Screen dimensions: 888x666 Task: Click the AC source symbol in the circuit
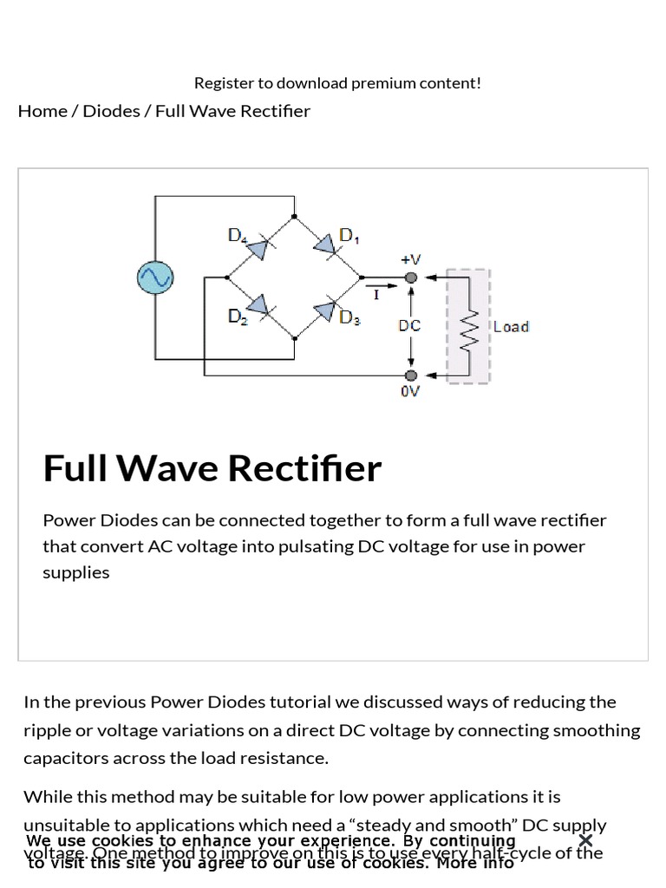(x=155, y=277)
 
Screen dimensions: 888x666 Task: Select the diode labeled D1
(x=325, y=246)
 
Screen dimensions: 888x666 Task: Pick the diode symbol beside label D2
(x=258, y=305)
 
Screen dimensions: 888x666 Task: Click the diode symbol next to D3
(x=324, y=310)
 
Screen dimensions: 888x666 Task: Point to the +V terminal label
(x=410, y=259)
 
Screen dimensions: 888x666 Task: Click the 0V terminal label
(x=410, y=391)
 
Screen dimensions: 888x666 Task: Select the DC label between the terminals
(x=409, y=326)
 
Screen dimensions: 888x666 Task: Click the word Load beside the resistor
(x=511, y=327)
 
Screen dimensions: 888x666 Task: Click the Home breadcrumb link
(x=42, y=111)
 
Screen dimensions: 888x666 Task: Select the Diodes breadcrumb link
(x=111, y=111)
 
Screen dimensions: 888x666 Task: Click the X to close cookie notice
(x=585, y=840)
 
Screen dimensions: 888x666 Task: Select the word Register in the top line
(x=223, y=83)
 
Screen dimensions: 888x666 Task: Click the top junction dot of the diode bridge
(x=294, y=217)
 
